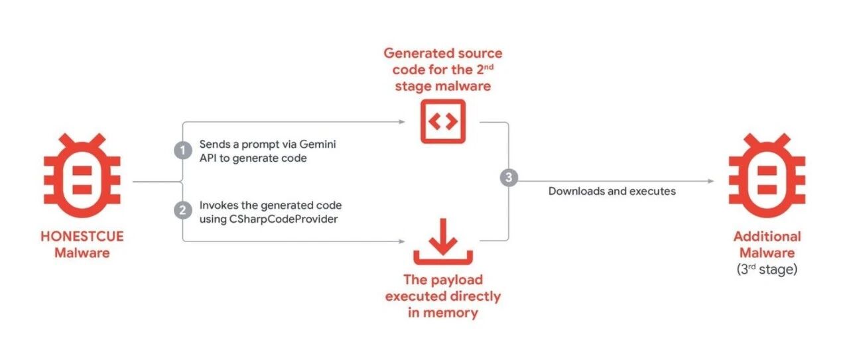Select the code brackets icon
point(442,121)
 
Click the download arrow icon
point(442,241)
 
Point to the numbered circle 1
point(182,150)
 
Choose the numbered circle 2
point(182,210)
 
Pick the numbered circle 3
point(509,177)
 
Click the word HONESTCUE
point(82,237)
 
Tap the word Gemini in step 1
point(318,144)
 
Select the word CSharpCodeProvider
point(283,219)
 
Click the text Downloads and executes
point(612,191)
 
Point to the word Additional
point(767,237)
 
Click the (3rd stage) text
point(767,269)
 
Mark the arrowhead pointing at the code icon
point(402,122)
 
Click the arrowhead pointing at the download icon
point(402,241)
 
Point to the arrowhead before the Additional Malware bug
point(710,181)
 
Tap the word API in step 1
point(208,158)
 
